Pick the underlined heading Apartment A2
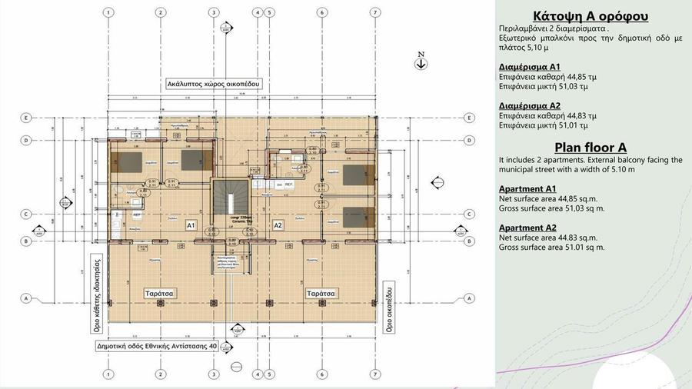click(529, 228)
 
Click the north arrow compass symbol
click(421, 64)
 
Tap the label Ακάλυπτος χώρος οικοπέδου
click(215, 82)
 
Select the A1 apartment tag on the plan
click(191, 225)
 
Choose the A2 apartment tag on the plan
click(279, 225)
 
